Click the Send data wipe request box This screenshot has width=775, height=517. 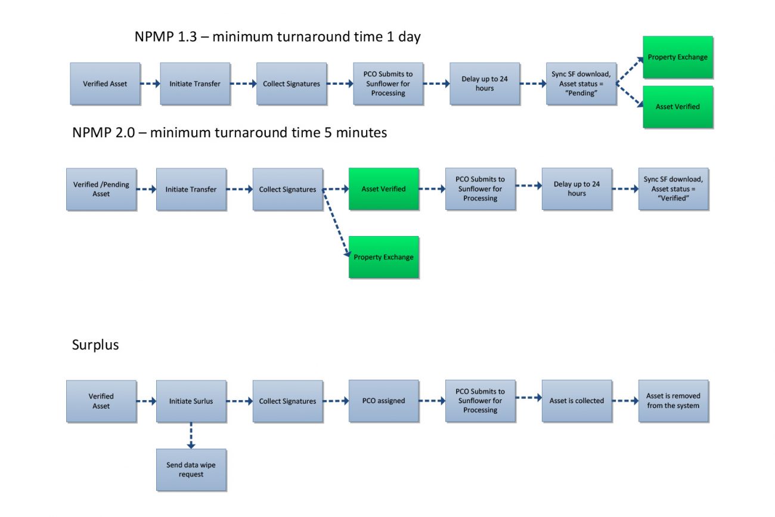(191, 470)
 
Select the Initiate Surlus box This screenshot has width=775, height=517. (191, 401)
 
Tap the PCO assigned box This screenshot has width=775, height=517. (383, 401)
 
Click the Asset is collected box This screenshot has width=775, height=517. (576, 401)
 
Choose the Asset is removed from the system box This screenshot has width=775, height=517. (673, 401)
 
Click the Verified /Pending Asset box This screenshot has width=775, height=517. (101, 189)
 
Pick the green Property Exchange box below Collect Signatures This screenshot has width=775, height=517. (383, 257)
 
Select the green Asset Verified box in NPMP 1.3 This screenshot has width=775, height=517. (678, 107)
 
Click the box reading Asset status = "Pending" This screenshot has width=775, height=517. (581, 83)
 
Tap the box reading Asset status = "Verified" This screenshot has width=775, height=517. (673, 189)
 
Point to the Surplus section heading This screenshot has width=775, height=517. (95, 345)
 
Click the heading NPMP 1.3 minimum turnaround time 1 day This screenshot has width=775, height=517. (277, 37)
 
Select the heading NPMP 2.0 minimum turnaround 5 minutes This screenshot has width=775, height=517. (230, 132)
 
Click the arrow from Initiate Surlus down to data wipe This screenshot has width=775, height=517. (191, 435)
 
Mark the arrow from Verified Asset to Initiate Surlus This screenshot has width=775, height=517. (146, 401)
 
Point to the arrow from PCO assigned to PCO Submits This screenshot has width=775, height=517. (432, 401)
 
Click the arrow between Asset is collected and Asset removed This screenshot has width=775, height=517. (625, 401)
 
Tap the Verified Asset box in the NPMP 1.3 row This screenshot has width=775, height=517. (105, 83)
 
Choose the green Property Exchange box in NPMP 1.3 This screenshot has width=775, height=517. (678, 57)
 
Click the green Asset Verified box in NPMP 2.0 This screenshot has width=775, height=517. (383, 189)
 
